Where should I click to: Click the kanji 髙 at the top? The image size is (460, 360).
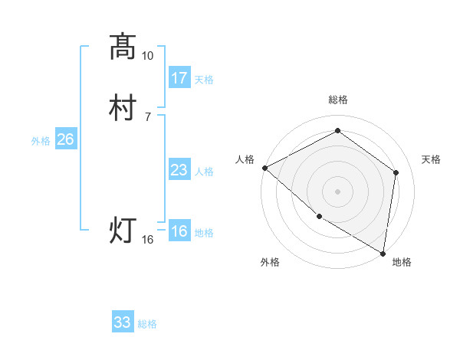(x=123, y=47)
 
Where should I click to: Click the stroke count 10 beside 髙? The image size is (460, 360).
(x=148, y=56)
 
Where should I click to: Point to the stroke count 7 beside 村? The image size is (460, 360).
(x=148, y=116)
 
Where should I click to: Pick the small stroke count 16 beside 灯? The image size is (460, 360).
(x=148, y=240)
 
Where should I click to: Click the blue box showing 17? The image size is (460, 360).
(x=179, y=77)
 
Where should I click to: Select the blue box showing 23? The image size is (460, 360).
(x=179, y=169)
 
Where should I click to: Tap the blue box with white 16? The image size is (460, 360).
(x=179, y=231)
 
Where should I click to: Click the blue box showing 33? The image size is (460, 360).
(x=122, y=322)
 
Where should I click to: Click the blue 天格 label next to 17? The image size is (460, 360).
(x=204, y=80)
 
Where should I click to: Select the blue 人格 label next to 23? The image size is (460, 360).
(x=204, y=172)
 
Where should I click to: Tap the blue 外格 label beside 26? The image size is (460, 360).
(x=41, y=141)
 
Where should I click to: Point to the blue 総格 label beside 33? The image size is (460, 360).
(x=147, y=325)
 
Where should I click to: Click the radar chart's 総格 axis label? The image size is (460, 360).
(x=338, y=100)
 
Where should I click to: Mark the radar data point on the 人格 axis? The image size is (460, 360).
(x=264, y=168)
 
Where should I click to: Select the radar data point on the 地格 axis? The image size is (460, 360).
(x=383, y=252)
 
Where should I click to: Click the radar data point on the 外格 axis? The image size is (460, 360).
(x=318, y=217)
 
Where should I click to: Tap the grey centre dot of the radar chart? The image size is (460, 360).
(x=338, y=191)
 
